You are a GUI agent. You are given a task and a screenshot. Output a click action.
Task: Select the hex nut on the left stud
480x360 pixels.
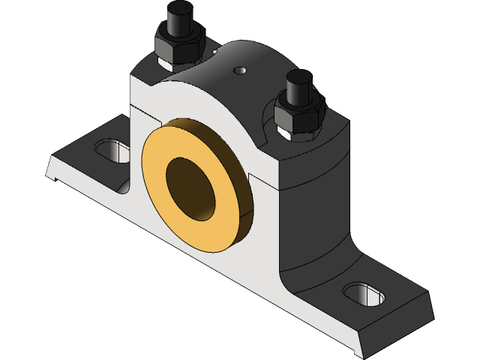coord(178,46)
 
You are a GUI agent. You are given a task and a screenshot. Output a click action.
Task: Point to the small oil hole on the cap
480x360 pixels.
coord(240,70)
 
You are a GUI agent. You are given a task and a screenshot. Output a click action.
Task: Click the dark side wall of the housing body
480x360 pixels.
coord(315,217)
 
